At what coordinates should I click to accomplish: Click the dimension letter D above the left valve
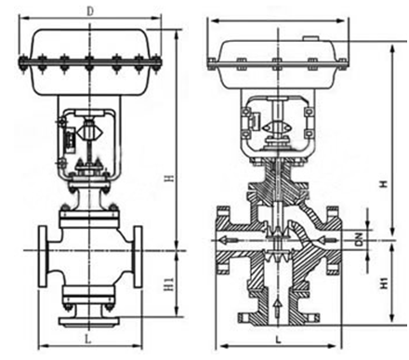tap(90, 12)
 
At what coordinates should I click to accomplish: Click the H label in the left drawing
tap(169, 179)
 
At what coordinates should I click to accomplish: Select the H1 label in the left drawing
tap(169, 284)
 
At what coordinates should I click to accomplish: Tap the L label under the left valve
tap(88, 340)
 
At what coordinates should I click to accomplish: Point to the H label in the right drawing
tap(385, 184)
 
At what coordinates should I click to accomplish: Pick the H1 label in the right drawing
tap(385, 283)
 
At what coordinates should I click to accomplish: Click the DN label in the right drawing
tap(359, 239)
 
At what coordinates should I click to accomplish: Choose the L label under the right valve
tap(278, 340)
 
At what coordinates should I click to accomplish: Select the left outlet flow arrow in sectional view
tap(229, 240)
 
